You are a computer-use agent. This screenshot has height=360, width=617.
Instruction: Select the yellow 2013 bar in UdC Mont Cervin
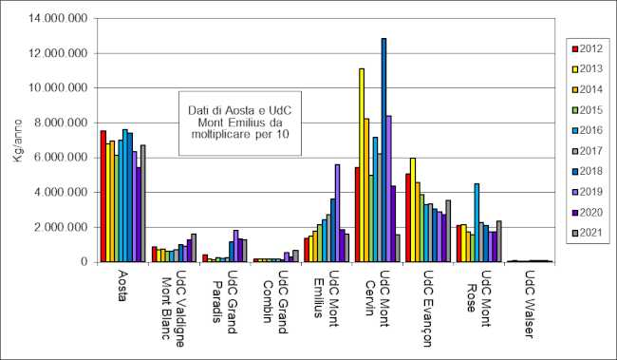point(362,165)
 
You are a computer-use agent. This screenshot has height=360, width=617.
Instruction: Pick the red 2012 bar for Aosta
point(103,196)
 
